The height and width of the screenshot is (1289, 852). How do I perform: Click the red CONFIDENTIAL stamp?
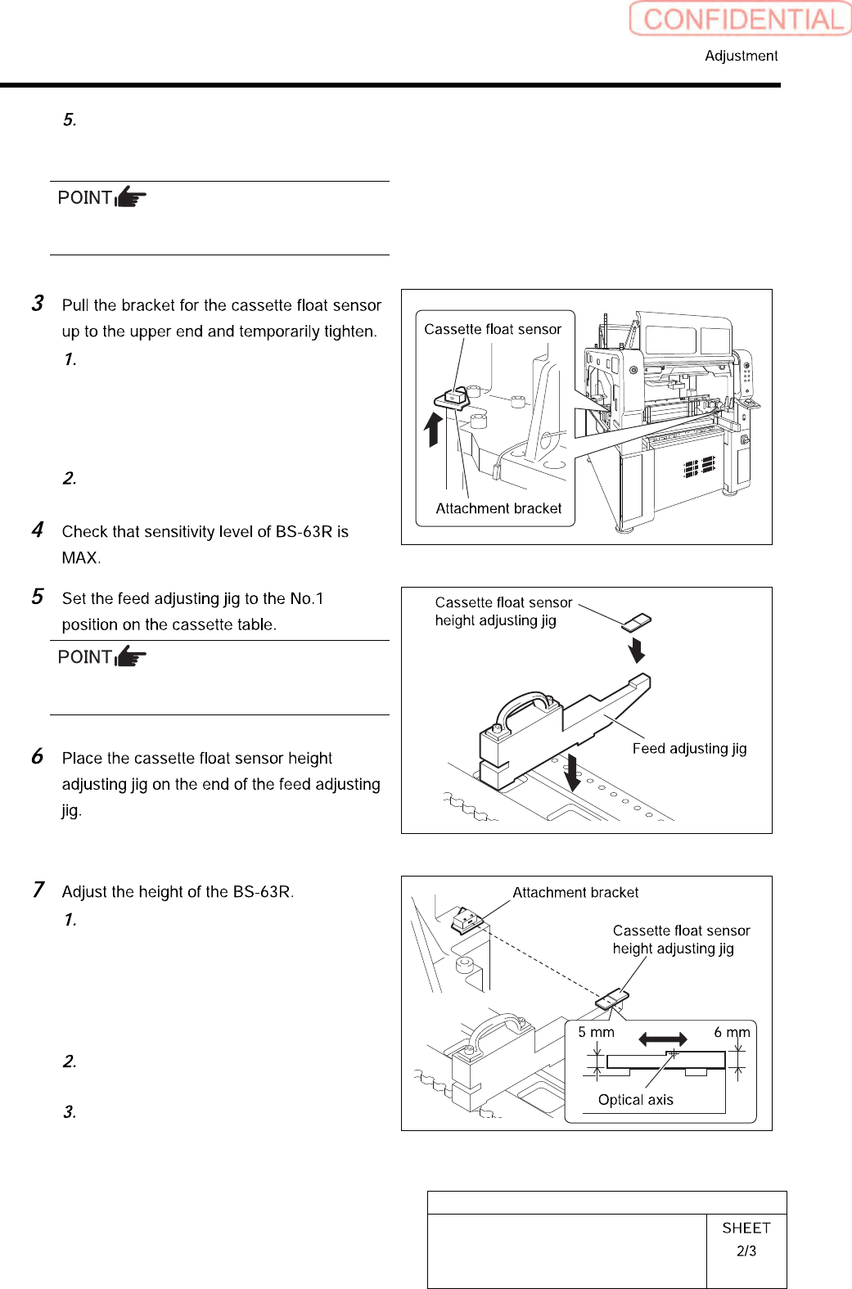(x=741, y=19)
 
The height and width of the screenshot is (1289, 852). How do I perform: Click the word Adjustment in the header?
(x=741, y=56)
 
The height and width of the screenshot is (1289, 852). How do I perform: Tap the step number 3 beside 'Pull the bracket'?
(x=38, y=304)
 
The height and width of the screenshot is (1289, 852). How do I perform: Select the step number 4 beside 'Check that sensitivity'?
(x=38, y=530)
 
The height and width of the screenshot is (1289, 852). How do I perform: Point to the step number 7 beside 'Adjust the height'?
(x=38, y=890)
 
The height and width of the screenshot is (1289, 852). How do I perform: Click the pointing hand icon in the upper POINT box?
(x=130, y=197)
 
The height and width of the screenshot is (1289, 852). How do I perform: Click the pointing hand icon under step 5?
(x=130, y=656)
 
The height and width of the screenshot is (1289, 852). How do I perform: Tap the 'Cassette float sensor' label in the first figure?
(x=493, y=329)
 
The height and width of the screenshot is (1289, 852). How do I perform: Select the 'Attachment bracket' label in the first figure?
(x=498, y=508)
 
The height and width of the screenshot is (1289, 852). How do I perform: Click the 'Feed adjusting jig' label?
(x=689, y=748)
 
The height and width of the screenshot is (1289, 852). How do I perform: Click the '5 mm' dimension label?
(x=596, y=1032)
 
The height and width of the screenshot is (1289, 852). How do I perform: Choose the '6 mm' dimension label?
(x=732, y=1032)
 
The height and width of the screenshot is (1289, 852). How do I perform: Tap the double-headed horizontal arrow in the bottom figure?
(x=663, y=1039)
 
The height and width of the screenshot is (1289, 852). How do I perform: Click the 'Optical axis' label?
(x=635, y=1100)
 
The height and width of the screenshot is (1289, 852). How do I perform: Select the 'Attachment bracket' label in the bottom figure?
(x=575, y=892)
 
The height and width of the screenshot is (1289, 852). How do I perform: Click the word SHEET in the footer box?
(x=746, y=1228)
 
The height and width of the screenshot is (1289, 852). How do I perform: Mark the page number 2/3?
(x=746, y=1251)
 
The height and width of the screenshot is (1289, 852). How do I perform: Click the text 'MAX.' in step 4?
(x=81, y=558)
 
